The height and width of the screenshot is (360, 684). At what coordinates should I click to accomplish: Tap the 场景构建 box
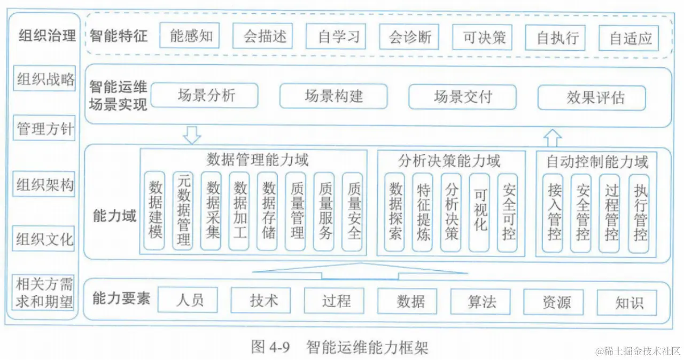click(333, 97)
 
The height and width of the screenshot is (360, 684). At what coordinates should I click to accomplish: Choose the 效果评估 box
click(592, 98)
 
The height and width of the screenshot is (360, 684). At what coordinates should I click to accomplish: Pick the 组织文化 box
click(44, 238)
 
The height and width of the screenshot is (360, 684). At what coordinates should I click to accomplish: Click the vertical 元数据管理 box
click(183, 212)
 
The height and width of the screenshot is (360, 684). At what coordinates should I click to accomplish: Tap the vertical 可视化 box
click(479, 212)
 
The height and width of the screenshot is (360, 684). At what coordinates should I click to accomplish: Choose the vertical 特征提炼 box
click(423, 212)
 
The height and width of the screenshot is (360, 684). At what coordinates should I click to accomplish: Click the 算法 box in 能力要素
click(480, 301)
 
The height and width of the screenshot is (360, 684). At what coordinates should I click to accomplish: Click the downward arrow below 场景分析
click(191, 135)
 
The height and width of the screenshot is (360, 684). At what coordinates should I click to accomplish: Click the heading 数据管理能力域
click(258, 159)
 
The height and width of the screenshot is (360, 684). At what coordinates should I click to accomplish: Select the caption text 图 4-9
click(270, 348)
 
